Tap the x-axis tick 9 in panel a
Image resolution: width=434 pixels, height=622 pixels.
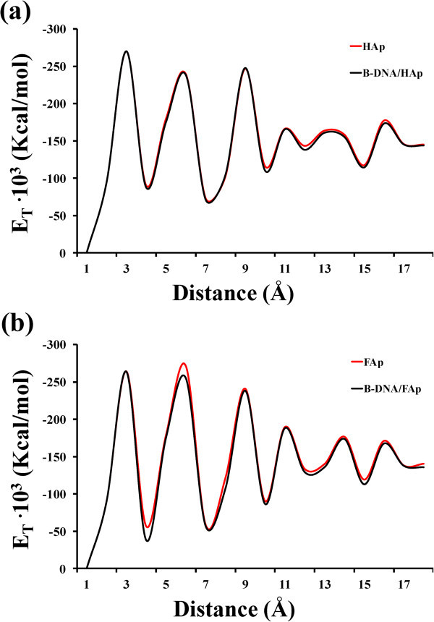coord(245,268)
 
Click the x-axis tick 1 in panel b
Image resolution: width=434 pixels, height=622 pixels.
coord(86,583)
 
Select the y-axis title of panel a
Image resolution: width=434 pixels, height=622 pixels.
coord(23,141)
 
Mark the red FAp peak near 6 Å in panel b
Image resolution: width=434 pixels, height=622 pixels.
coord(183,363)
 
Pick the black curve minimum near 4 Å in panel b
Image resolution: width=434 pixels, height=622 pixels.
coord(148,541)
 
